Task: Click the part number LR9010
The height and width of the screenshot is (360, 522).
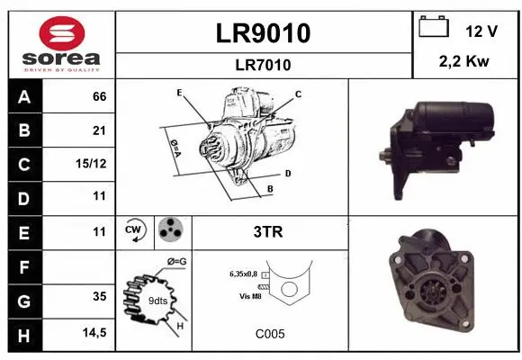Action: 264,33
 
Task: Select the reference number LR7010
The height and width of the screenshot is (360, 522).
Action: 264,65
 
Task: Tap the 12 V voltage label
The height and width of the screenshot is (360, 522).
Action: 481,31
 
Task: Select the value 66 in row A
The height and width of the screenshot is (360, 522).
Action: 99,96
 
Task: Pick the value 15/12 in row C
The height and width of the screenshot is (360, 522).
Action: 94,163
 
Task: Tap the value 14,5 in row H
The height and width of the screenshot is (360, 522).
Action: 94,333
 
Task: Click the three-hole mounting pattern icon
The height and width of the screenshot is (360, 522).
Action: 171,231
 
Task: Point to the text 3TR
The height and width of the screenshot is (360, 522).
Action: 269,232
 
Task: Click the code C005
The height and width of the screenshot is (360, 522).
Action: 269,333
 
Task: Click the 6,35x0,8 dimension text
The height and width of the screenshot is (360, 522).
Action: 243,272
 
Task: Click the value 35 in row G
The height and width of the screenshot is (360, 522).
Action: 99,296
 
